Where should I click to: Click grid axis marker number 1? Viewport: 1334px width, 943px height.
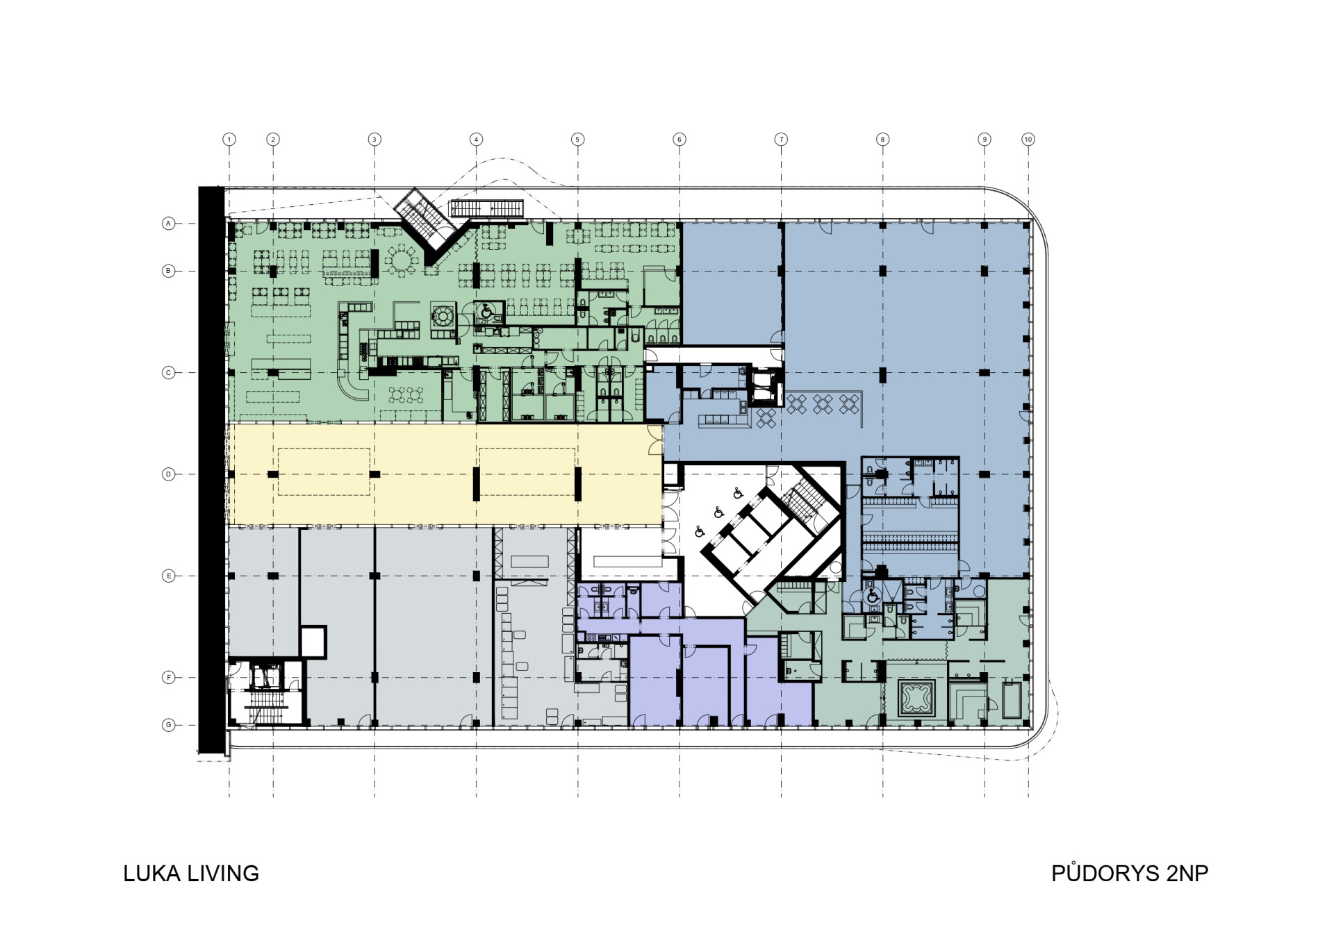point(229,140)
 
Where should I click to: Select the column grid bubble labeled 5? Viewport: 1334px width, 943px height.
point(577,140)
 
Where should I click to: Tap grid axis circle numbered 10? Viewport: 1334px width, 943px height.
point(1028,140)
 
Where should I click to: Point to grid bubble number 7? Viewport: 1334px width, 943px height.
point(781,140)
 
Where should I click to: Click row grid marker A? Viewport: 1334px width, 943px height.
point(168,224)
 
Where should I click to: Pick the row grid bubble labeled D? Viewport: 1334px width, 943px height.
point(168,474)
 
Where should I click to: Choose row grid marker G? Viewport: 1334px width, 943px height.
point(168,725)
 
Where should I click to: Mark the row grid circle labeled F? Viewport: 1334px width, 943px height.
point(168,677)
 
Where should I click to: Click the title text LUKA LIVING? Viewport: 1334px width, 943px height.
point(191,873)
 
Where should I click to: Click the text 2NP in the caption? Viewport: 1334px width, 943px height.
point(1187,873)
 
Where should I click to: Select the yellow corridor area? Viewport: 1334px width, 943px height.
point(445,474)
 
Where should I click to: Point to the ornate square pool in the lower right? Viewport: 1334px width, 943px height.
point(917,698)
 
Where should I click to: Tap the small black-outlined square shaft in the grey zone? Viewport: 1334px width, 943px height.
point(313,642)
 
